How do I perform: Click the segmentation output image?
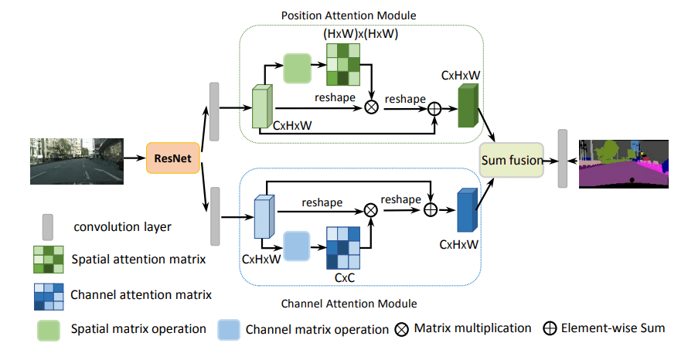(x=622, y=163)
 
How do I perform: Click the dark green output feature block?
(x=468, y=106)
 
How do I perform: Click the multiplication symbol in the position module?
(x=371, y=107)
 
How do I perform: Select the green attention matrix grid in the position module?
(x=342, y=64)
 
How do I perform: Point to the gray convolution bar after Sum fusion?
(x=563, y=159)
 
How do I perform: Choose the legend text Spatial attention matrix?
(x=138, y=259)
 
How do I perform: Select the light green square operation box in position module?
(x=297, y=68)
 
